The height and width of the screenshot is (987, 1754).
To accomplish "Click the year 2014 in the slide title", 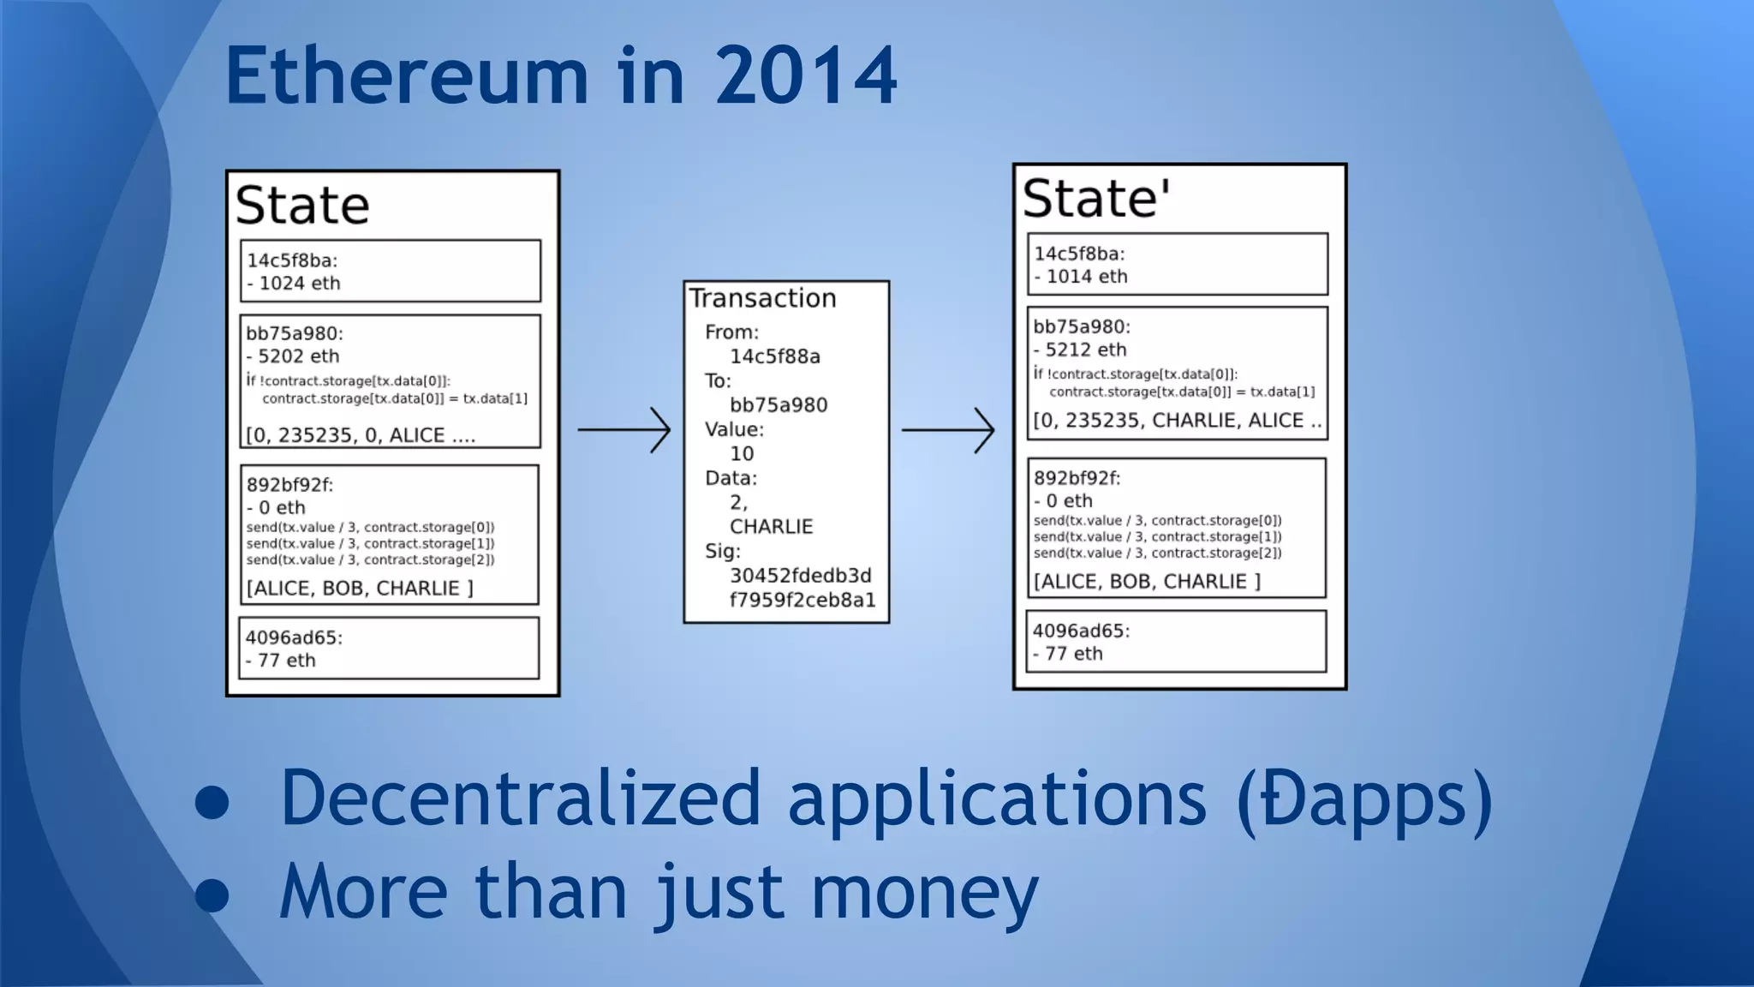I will coord(805,77).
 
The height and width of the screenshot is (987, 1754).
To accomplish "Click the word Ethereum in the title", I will coord(407,77).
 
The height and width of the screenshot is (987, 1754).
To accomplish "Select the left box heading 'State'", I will coord(302,206).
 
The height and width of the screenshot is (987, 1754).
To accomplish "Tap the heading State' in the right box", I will coord(1096,199).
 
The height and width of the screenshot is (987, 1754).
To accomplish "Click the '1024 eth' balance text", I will coord(299,284).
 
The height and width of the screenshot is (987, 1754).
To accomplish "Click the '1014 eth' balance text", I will coord(1086,277).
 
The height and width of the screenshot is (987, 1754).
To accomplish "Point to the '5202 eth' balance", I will coord(298,356).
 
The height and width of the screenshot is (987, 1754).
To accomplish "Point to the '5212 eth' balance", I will coord(1085,350).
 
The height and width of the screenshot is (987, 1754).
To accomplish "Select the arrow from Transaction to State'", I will coord(948,429).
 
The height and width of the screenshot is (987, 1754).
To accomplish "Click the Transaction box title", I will coord(762,298).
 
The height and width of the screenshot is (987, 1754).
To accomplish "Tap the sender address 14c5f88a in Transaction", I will coord(774,356).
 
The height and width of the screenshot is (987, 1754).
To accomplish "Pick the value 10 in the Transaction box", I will coord(742,454).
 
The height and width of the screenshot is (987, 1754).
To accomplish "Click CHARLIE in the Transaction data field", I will coord(771,527).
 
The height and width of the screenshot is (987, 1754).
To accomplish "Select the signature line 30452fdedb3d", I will coord(800,576).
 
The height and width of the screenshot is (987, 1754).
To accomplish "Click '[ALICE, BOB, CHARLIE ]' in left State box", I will coord(360,589).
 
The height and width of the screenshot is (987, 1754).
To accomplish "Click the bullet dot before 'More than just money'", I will coord(212,894).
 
